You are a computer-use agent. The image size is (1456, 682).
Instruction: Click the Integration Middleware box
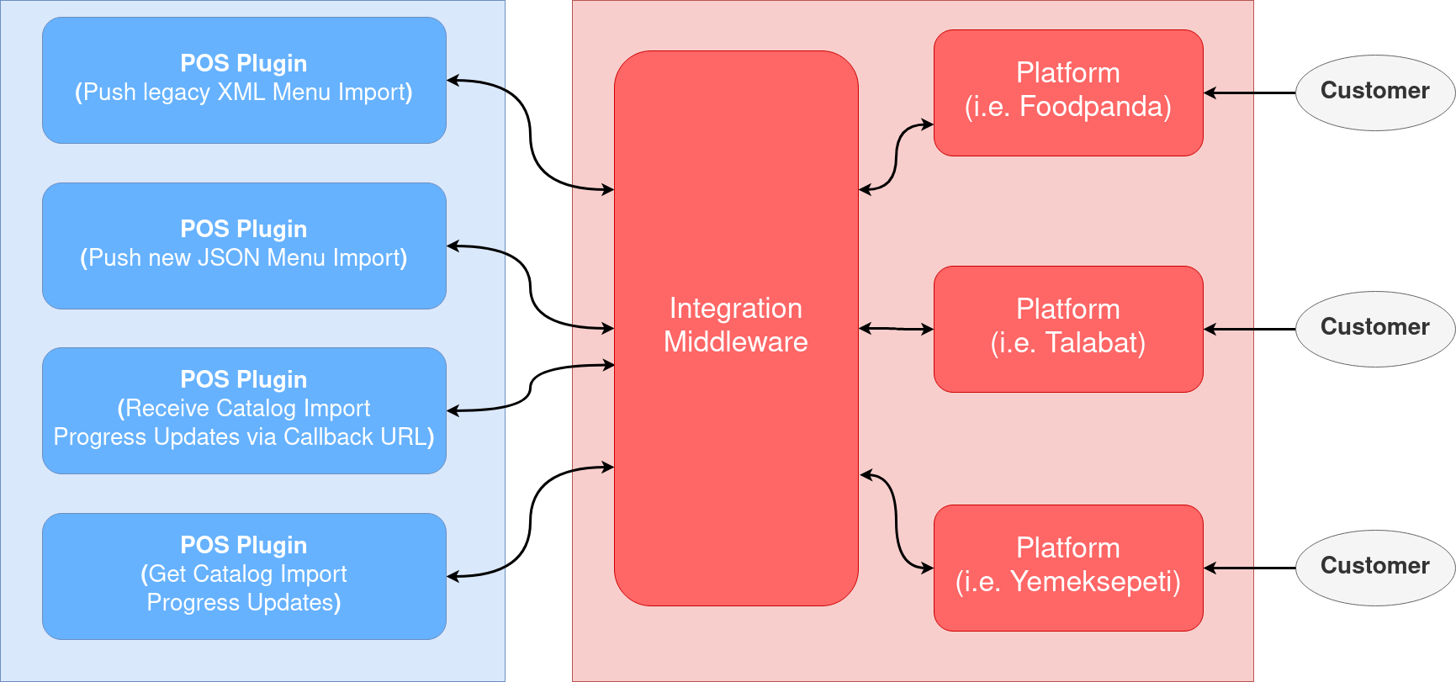click(736, 328)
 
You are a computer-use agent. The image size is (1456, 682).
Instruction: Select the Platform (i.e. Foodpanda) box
click(1068, 93)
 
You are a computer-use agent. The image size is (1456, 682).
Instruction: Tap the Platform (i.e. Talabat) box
click(1068, 329)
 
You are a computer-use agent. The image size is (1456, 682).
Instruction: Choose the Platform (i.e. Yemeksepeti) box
click(1068, 568)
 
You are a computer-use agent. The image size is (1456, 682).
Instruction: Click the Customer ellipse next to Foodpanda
click(1374, 93)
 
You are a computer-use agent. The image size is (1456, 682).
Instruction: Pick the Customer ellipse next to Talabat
click(1374, 329)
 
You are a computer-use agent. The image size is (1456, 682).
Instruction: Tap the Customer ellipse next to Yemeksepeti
click(1374, 568)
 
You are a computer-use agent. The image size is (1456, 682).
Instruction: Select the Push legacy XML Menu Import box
click(244, 80)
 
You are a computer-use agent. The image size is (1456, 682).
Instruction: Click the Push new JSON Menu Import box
click(244, 246)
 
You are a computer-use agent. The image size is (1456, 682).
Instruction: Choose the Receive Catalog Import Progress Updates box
click(244, 410)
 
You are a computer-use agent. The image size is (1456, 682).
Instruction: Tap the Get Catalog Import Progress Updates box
click(244, 576)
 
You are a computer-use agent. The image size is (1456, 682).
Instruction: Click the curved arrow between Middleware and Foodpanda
click(897, 157)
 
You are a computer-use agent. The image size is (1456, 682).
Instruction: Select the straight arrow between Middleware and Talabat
click(896, 329)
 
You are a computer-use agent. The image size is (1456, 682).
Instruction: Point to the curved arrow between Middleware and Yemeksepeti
click(897, 521)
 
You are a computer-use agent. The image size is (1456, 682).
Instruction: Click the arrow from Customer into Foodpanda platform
click(1230, 93)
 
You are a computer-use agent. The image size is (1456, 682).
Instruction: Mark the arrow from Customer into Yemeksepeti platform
click(1230, 568)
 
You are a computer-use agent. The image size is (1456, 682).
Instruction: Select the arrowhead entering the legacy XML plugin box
click(453, 81)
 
